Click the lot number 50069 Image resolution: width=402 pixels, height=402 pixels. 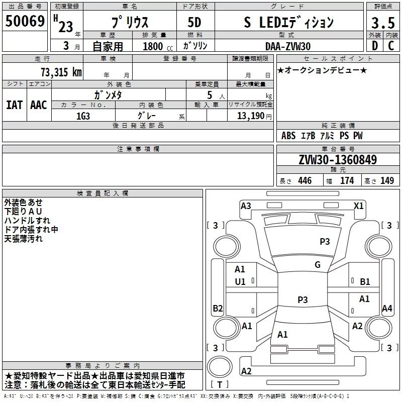[25, 21]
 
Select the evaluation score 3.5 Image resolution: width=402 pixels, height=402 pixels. [382, 23]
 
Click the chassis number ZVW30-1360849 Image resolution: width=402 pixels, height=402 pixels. [338, 160]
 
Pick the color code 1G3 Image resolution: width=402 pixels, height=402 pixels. [83, 115]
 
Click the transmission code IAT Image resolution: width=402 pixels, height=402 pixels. [14, 105]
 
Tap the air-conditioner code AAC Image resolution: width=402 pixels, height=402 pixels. [38, 105]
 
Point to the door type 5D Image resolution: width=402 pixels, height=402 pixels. [194, 23]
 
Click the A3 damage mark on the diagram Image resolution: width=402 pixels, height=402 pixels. [246, 206]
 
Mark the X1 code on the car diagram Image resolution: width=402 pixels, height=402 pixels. [359, 206]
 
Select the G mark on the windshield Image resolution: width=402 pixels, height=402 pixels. [318, 265]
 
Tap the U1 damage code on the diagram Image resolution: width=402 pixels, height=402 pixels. [240, 282]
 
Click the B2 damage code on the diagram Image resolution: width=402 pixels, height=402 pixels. [218, 308]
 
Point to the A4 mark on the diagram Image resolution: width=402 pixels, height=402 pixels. [387, 308]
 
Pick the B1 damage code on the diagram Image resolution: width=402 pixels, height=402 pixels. [365, 282]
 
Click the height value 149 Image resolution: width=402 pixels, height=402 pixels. [387, 181]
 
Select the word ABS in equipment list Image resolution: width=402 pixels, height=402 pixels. [288, 136]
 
